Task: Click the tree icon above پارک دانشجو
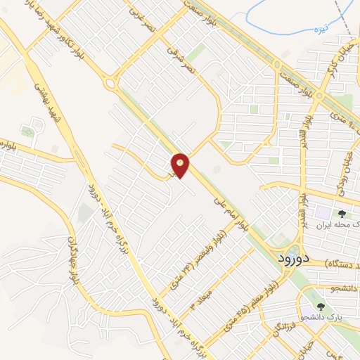321,306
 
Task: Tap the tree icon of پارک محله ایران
342,212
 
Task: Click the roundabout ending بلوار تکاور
111,84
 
